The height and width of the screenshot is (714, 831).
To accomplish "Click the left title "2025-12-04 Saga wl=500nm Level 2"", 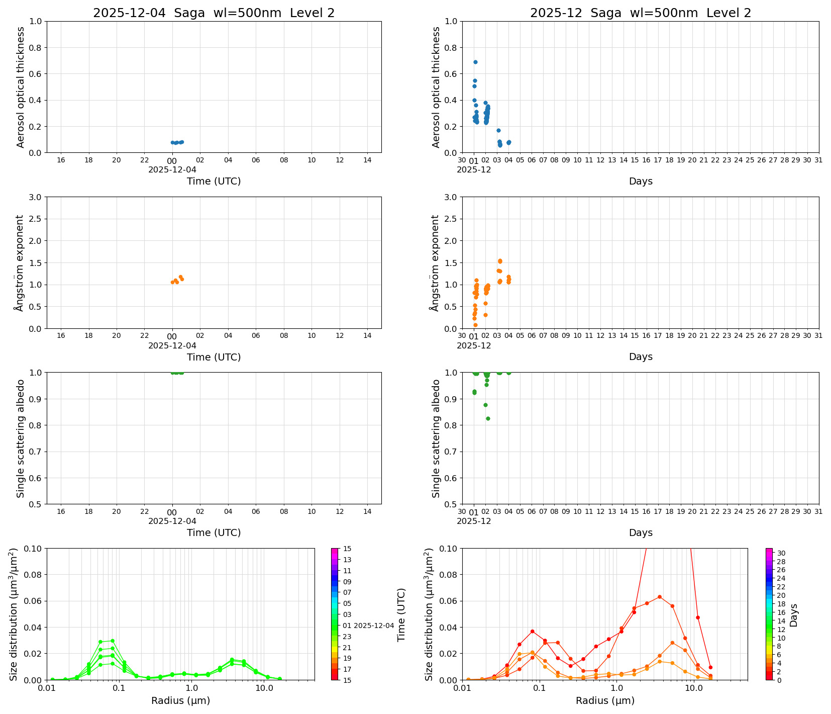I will coord(214,13).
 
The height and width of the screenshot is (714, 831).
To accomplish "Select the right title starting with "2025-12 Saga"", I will coord(641,13).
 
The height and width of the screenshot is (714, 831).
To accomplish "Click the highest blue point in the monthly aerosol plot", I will coord(475,62).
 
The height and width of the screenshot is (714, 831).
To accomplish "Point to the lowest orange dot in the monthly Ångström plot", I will coord(475,325).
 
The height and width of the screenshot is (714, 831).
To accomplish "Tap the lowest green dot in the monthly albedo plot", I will coord(488,418).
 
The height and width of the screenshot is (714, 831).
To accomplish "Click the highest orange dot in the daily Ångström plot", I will coord(180,277).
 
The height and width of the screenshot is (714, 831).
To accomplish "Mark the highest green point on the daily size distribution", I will coord(113,641).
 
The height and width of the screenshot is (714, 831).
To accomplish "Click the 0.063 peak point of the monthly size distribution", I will coord(659,597).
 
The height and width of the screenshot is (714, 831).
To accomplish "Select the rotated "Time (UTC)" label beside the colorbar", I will coord(401,614).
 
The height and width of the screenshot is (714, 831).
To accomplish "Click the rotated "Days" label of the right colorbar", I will coord(794,614).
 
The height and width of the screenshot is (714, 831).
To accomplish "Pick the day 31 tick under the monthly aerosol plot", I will coord(818,160).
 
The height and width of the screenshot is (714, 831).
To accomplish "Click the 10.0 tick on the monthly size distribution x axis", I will coord(694,688).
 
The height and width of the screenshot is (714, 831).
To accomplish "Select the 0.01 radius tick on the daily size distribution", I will coord(47,688).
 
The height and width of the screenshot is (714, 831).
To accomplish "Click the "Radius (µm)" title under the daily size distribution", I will coord(180,700).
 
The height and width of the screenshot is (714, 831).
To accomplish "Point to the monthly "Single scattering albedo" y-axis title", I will coord(436,438).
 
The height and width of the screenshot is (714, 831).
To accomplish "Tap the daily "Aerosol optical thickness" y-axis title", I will coord(21,87).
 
